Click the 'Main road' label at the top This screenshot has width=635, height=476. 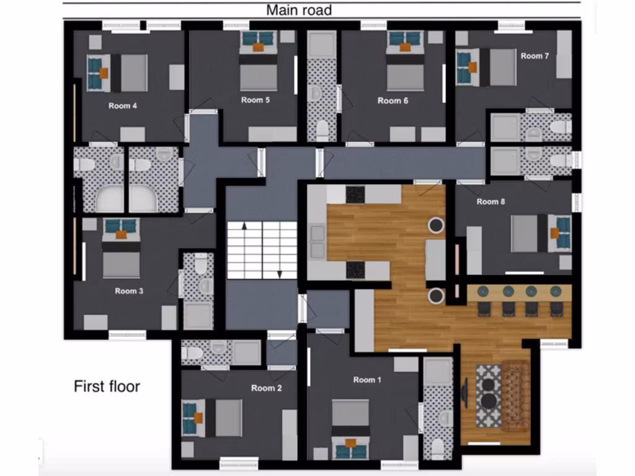click(299, 10)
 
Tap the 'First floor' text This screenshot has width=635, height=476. click(107, 387)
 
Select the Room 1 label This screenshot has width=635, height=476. click(364, 379)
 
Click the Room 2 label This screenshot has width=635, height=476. click(267, 388)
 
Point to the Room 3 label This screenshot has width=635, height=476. click(129, 291)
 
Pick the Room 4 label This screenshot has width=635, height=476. click(123, 105)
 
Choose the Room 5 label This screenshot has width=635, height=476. click(255, 100)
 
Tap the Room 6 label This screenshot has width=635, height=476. click(393, 100)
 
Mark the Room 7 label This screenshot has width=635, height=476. click(535, 56)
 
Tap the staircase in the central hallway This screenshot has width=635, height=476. click(262, 250)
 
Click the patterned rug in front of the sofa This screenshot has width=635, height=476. click(488, 395)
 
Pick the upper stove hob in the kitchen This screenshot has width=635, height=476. click(355, 195)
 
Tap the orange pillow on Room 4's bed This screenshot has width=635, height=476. click(104, 73)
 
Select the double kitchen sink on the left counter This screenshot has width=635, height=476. click(317, 242)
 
